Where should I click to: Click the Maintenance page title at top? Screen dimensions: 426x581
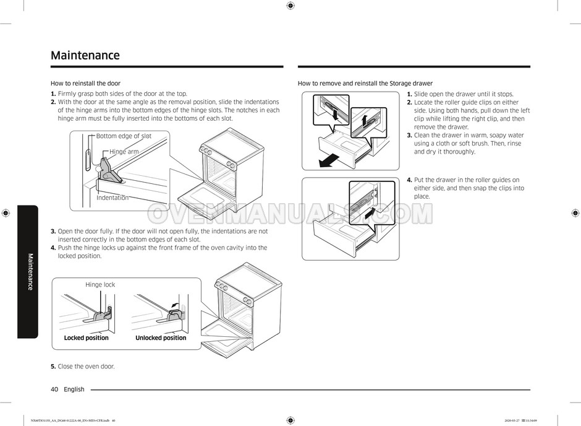[85, 56]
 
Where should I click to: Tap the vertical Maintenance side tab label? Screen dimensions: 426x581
[29, 271]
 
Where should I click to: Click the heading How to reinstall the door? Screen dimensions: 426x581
[85, 83]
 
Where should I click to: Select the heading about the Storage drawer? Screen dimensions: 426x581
[365, 83]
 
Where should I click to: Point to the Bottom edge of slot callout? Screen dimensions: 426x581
[124, 136]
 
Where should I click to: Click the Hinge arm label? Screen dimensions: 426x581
[124, 152]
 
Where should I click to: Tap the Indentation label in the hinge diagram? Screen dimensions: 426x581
[112, 198]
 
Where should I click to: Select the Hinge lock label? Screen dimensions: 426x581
[100, 285]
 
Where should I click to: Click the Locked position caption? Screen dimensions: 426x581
[87, 338]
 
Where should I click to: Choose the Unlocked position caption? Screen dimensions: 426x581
[161, 338]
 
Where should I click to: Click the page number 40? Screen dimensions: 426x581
[54, 389]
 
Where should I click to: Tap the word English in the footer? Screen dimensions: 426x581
[74, 389]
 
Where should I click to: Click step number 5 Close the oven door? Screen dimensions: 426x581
[53, 367]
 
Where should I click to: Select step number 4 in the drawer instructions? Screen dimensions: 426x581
[409, 180]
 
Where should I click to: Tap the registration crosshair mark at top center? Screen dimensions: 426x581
[290, 6]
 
